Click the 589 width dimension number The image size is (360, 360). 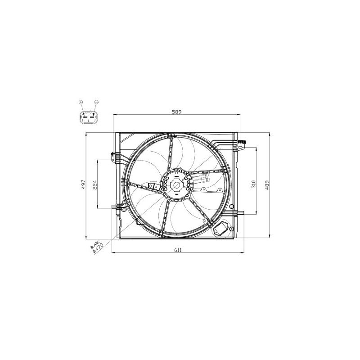point(176,112)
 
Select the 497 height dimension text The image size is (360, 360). point(83,184)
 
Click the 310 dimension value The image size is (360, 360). point(254,184)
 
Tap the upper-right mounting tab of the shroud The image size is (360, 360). point(241,144)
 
